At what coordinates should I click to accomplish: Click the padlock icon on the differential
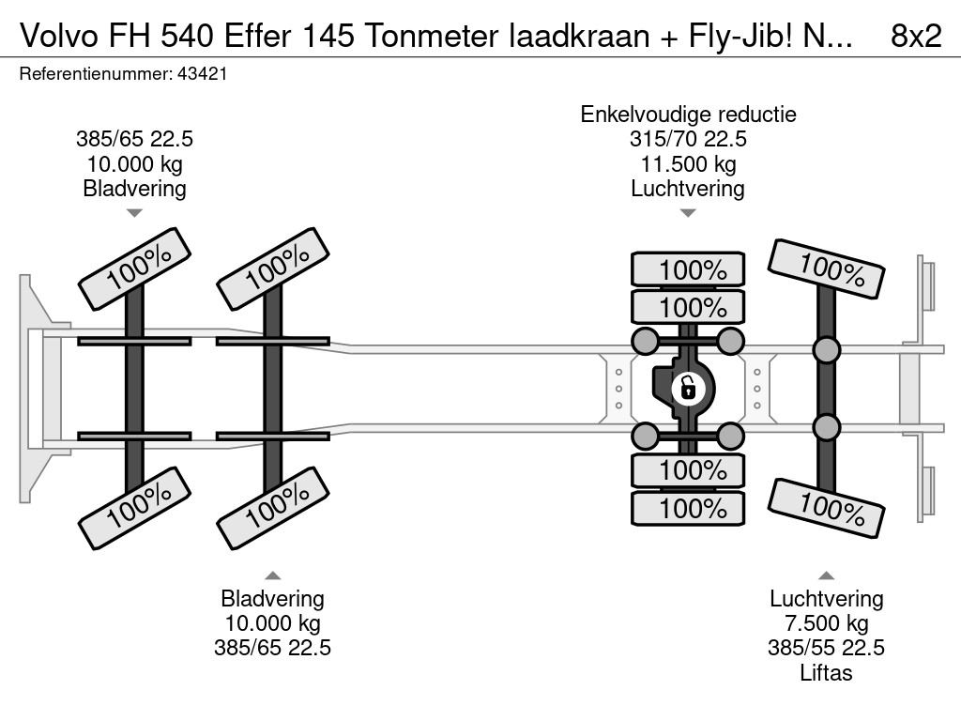point(688,387)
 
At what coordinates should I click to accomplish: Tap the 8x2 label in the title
point(915,36)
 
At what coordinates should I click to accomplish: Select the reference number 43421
point(202,74)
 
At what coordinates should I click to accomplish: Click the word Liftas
point(826,672)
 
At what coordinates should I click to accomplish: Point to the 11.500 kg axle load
point(688,164)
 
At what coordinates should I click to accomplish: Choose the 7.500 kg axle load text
point(826,623)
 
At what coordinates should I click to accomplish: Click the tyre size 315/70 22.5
point(688,140)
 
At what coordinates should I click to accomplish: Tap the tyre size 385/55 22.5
point(826,648)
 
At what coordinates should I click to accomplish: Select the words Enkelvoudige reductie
point(688,115)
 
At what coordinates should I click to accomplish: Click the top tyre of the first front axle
point(134,268)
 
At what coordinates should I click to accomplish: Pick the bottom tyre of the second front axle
point(273,507)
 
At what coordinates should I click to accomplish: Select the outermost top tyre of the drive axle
point(688,270)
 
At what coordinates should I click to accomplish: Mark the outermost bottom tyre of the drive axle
point(688,509)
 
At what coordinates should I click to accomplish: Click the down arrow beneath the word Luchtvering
point(688,213)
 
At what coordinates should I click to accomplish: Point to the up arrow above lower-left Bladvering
point(273,575)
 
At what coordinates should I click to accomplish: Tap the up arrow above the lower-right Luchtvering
point(826,575)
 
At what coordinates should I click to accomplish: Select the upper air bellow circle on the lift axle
point(826,351)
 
